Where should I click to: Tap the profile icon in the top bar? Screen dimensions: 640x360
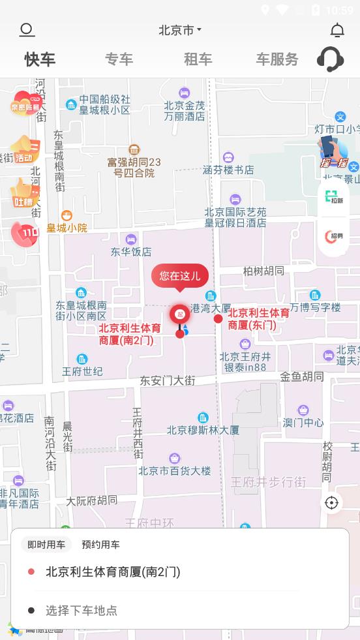tap(27, 30)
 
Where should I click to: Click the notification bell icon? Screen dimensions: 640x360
tap(337, 30)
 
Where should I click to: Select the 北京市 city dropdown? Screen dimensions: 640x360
tap(180, 30)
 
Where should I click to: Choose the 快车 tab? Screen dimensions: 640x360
tap(40, 59)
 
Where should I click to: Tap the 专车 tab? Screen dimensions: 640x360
tap(119, 59)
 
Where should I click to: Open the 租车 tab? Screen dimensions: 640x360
tap(198, 59)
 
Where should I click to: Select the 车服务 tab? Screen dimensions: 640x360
tap(277, 59)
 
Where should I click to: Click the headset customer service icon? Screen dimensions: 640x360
tap(330, 59)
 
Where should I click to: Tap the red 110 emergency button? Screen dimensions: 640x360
tap(25, 234)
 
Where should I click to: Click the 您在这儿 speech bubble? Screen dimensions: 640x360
tap(180, 275)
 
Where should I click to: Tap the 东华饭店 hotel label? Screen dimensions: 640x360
tap(131, 251)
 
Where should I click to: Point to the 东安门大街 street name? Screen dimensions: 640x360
tap(168, 380)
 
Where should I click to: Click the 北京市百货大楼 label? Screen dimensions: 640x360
tap(174, 470)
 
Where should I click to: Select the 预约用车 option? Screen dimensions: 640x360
tap(100, 545)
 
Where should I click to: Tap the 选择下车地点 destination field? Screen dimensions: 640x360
tap(82, 611)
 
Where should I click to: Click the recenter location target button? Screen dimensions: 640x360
tap(331, 502)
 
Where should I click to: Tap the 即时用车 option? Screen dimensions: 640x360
tap(46, 545)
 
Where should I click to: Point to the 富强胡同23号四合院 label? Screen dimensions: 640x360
tap(134, 168)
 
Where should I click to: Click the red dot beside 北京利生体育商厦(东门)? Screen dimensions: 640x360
tap(218, 319)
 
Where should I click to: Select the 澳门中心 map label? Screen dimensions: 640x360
tap(303, 422)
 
